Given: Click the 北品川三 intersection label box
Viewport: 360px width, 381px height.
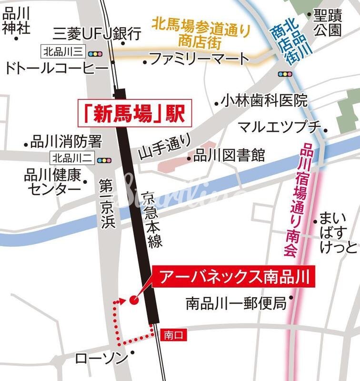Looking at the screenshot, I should pos(63,51).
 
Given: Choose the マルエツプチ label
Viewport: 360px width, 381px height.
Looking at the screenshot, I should pos(279,127).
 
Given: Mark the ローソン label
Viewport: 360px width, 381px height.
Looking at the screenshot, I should pos(102,358).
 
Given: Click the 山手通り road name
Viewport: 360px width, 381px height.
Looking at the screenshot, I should pos(164,146).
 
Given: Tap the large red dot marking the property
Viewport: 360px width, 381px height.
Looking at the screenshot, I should pos(133,300).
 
